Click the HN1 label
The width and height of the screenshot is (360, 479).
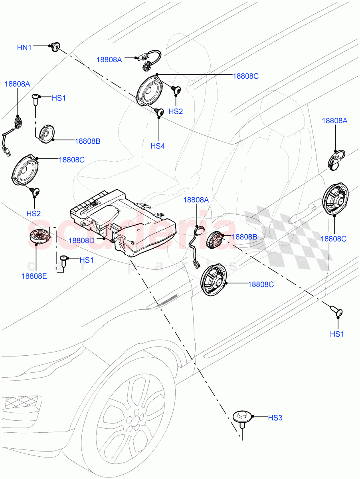pyautogui.click(x=24, y=48)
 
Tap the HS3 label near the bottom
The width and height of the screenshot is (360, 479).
pyautogui.click(x=275, y=418)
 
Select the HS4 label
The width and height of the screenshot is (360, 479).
pyautogui.click(x=157, y=146)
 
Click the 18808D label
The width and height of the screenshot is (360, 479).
pyautogui.click(x=81, y=240)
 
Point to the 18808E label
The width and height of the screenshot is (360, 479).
pyautogui.click(x=34, y=276)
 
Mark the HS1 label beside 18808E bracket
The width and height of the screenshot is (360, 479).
pyautogui.click(x=86, y=260)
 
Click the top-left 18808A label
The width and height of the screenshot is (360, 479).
pyautogui.click(x=17, y=84)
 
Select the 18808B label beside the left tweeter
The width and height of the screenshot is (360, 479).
pyautogui.click(x=87, y=141)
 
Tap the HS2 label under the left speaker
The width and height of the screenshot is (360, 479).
pyautogui.click(x=34, y=214)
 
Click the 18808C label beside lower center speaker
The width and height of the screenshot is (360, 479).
pyautogui.click(x=261, y=284)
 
